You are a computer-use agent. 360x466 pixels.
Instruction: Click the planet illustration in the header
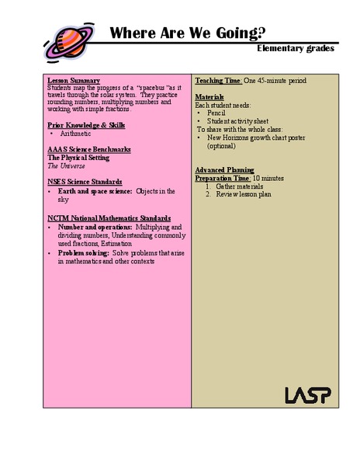67,38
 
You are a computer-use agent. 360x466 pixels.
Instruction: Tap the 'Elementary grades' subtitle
296,48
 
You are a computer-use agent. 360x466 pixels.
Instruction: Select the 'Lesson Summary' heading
73,81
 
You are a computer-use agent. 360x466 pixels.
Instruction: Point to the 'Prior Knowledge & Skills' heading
86,125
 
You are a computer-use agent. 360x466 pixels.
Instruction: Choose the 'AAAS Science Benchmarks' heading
88,149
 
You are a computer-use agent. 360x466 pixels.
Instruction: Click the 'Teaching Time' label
218,81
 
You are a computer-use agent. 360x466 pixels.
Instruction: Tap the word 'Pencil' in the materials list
216,113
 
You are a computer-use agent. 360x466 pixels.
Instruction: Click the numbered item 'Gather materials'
240,186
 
